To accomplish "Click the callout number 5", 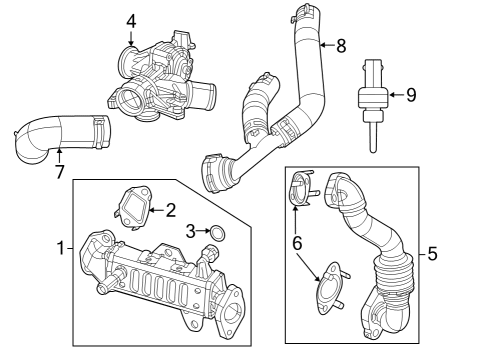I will point(432,254).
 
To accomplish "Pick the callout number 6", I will point(295,242).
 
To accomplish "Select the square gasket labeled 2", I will point(130,205).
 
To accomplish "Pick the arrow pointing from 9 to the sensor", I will point(395,96).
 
